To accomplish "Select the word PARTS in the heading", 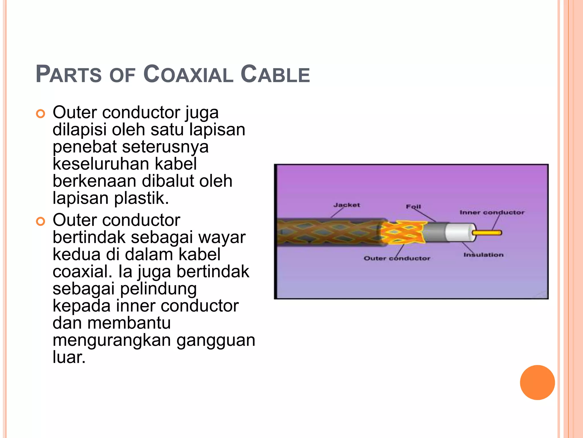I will (x=69, y=74).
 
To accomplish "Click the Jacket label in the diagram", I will (x=346, y=205).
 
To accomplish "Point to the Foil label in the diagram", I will (x=413, y=206).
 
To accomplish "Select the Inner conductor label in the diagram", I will (x=492, y=212).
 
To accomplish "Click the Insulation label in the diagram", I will (x=483, y=255).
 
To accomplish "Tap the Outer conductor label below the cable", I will (x=397, y=258).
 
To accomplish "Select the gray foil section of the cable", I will (x=435, y=232).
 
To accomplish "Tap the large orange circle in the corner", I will (x=537, y=382).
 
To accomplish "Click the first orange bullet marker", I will (x=41, y=114).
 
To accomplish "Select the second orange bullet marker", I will (x=41, y=221).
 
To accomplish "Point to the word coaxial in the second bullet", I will (x=82, y=271).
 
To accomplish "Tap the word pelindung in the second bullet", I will (x=158, y=289).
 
